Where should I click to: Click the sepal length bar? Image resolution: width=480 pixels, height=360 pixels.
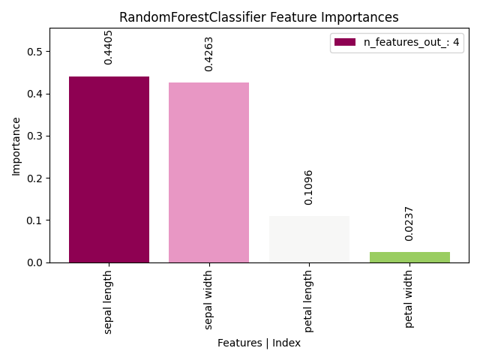[109, 169]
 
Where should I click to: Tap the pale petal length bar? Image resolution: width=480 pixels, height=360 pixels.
[309, 239]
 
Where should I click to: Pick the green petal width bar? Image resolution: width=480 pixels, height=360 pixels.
[409, 256]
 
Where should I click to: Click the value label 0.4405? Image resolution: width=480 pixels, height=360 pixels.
[109, 47]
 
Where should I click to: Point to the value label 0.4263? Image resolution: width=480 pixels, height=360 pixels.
[209, 54]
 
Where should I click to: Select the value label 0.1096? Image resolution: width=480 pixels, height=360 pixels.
[309, 187]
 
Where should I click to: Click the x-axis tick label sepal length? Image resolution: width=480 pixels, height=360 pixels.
[109, 301]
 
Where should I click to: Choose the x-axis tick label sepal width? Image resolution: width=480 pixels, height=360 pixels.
[209, 299]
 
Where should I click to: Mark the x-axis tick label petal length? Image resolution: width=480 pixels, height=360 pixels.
[309, 301]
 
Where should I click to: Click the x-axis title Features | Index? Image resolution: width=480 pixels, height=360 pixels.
[259, 343]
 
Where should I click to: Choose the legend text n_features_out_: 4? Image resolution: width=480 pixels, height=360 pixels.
[411, 43]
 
